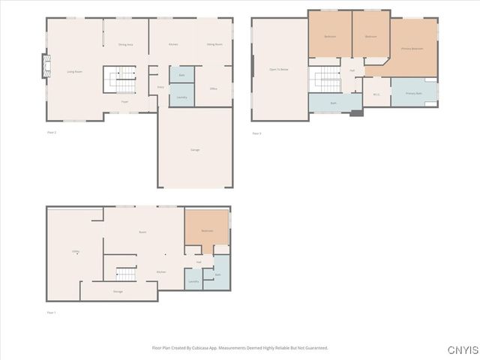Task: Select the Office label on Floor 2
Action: pos(214,88)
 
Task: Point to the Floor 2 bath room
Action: pos(182,75)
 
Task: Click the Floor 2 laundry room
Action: pos(182,97)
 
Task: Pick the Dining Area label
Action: pos(125,45)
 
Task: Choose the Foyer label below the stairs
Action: pos(124,100)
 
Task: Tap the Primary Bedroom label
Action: pos(412,49)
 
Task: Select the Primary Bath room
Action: pos(414,93)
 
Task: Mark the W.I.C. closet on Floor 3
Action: pos(376,94)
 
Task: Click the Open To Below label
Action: pos(279,69)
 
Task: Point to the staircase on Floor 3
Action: pos(325,79)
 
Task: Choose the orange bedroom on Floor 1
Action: pos(206,231)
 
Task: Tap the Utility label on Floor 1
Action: pos(76,251)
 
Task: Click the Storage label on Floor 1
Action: pos(118,291)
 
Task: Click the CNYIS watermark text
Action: pos(462,350)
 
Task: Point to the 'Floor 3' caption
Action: pos(256,133)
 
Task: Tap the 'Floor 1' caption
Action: pos(51,312)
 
